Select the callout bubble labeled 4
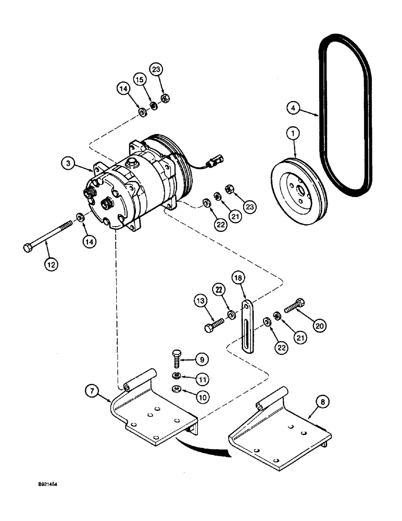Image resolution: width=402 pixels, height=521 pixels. click(294, 108)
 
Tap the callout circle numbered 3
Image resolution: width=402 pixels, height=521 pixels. click(67, 164)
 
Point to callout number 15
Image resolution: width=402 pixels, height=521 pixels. click(139, 79)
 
